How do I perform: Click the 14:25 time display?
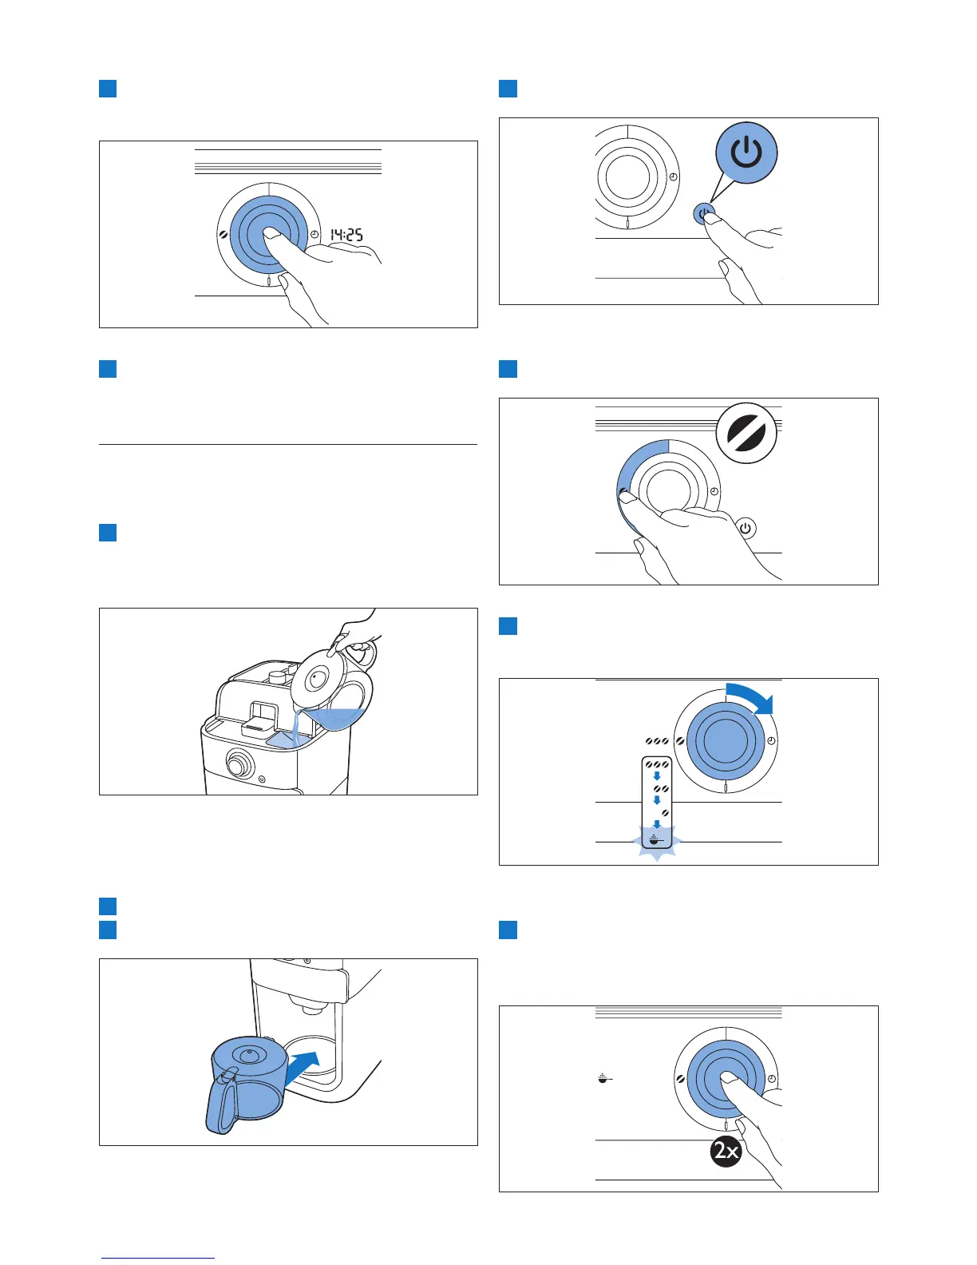[347, 234]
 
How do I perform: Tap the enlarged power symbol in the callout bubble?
[746, 153]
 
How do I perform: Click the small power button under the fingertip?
[703, 214]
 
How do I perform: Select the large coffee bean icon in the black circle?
[746, 433]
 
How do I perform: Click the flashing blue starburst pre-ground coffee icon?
[655, 840]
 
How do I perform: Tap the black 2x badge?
[726, 1151]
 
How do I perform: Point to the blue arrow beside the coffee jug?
[304, 1067]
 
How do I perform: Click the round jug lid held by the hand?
[318, 678]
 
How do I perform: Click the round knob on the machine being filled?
[236, 765]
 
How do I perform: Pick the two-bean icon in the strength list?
[660, 789]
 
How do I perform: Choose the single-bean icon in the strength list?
[664, 812]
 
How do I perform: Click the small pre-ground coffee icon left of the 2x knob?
[605, 1079]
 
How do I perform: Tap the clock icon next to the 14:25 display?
[315, 234]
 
